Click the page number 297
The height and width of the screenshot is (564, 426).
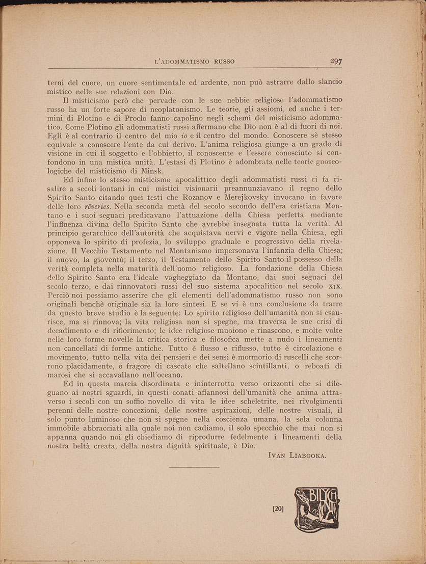coord(336,61)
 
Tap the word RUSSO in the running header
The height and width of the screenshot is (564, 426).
coord(224,62)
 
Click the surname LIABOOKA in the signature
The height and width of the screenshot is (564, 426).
coord(308,456)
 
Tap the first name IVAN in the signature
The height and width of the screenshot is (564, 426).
coord(278,456)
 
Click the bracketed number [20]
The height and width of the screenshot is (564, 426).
coord(279,508)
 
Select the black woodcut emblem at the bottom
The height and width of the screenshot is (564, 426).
coord(315,509)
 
